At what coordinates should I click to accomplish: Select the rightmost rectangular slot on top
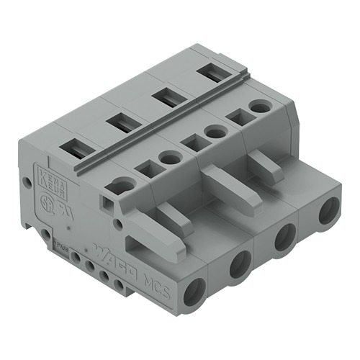coord(210,71)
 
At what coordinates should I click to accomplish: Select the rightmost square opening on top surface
coord(235,117)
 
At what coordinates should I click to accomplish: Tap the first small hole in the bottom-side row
coord(75,256)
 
